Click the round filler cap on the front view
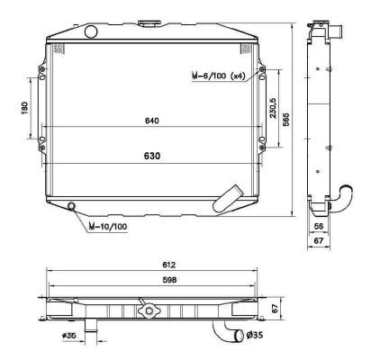[x=91, y=31]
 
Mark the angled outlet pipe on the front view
[x=231, y=195]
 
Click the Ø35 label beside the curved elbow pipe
[x=258, y=337]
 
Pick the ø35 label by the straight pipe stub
[x=68, y=338]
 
